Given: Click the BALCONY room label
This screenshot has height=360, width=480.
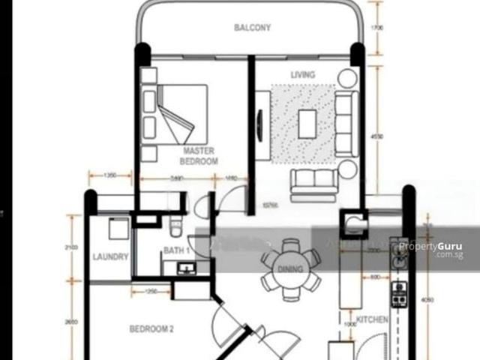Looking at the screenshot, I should pyautogui.click(x=252, y=28).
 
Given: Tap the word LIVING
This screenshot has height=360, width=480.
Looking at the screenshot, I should pyautogui.click(x=303, y=75).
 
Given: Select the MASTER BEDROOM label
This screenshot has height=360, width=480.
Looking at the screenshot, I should pyautogui.click(x=200, y=156).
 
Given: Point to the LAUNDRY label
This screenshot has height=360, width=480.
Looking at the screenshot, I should pyautogui.click(x=111, y=256).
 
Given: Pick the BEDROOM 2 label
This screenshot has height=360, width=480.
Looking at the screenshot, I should pyautogui.click(x=151, y=328).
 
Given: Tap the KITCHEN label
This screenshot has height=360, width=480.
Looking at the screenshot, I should pyautogui.click(x=373, y=320).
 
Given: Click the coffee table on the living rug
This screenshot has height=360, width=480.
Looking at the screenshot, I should pyautogui.click(x=307, y=124).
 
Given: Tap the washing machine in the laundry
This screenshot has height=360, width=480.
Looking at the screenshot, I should pyautogui.click(x=118, y=228).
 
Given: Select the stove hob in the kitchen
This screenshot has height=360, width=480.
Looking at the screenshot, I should pyautogui.click(x=400, y=295).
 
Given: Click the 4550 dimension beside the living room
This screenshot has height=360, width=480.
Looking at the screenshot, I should pyautogui.click(x=376, y=136).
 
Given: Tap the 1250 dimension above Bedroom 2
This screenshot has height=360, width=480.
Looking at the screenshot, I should pyautogui.click(x=151, y=291).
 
